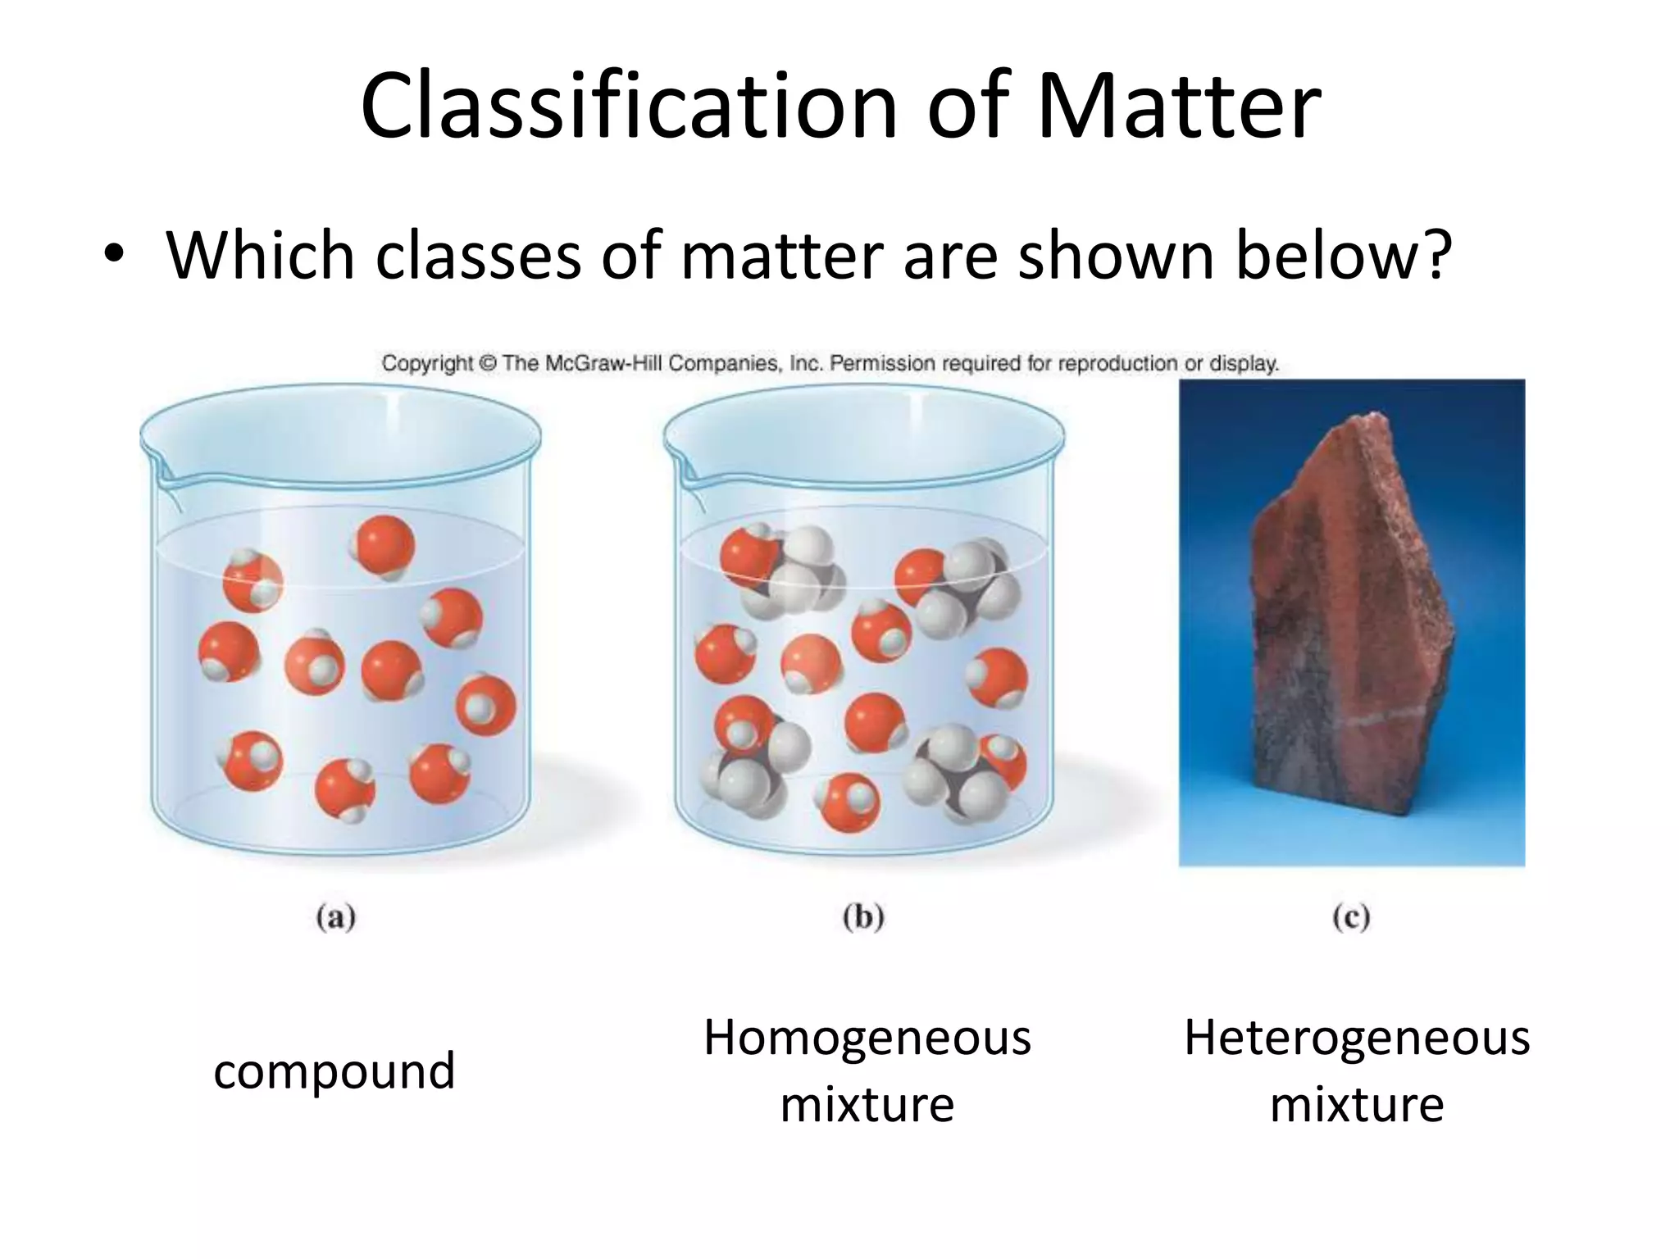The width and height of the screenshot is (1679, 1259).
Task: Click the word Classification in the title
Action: tap(630, 107)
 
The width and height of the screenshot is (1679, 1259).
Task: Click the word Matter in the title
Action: tap(1179, 107)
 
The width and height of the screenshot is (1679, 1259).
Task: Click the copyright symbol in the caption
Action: tap(488, 363)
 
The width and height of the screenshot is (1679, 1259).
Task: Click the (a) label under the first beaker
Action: tap(336, 917)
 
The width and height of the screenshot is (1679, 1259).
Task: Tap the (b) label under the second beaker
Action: tap(863, 917)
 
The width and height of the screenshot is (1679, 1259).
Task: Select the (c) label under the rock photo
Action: tap(1351, 917)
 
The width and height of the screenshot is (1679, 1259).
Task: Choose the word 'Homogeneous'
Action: tap(867, 1038)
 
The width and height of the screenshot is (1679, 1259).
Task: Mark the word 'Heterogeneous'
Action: tap(1357, 1038)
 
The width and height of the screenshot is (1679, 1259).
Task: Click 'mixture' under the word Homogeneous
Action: tap(867, 1104)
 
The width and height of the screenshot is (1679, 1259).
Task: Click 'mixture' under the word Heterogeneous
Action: tap(1357, 1104)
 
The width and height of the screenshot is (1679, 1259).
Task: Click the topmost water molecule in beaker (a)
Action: tap(384, 545)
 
